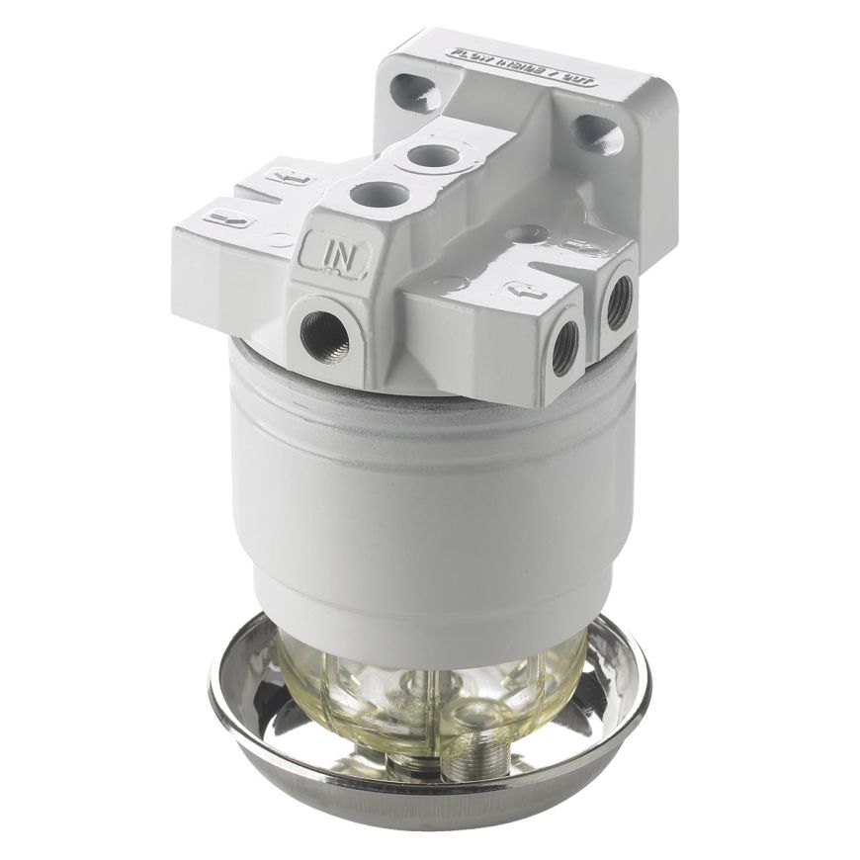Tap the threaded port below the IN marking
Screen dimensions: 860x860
(325, 334)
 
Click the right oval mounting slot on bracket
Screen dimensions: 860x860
(597, 134)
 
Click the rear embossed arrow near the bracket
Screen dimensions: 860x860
(573, 247)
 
